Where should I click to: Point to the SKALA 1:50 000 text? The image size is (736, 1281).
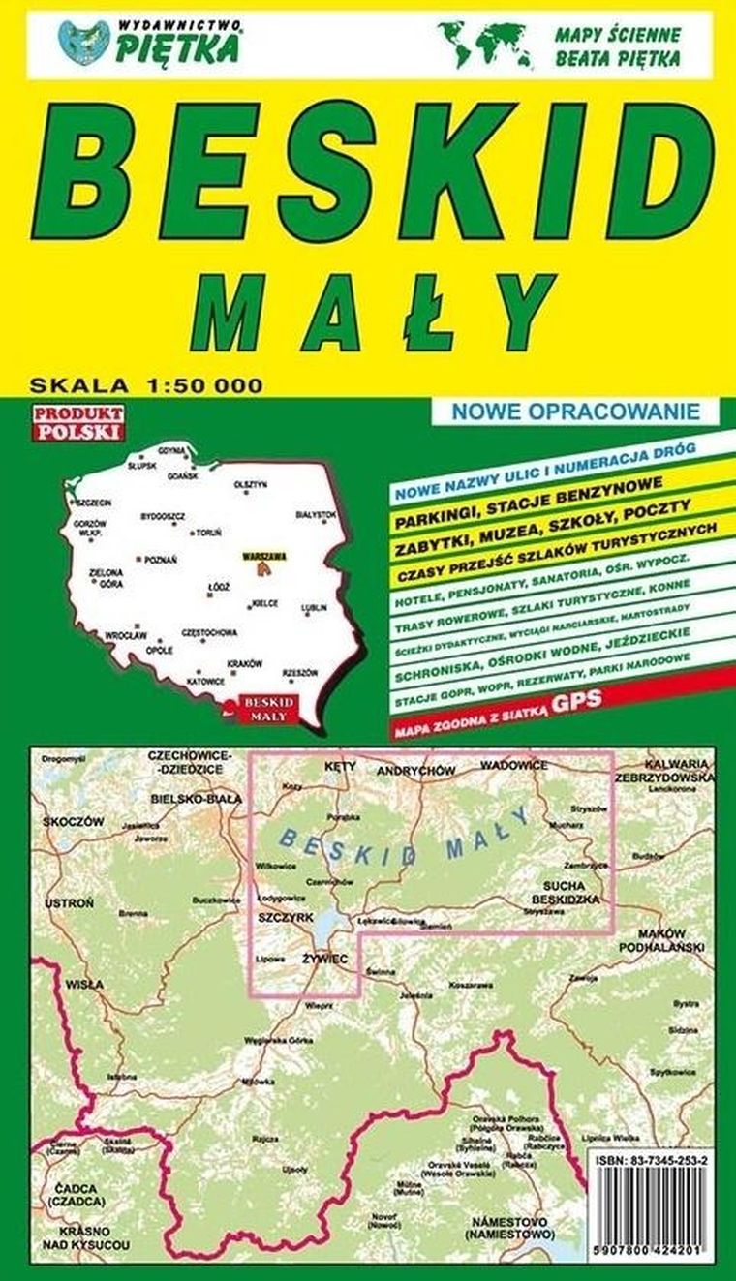coord(145,384)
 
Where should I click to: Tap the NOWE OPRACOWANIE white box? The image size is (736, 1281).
coord(575,411)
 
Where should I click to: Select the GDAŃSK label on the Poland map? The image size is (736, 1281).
coord(182,476)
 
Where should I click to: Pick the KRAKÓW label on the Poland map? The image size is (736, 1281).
coord(244,663)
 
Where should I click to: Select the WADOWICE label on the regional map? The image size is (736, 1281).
coord(514,766)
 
